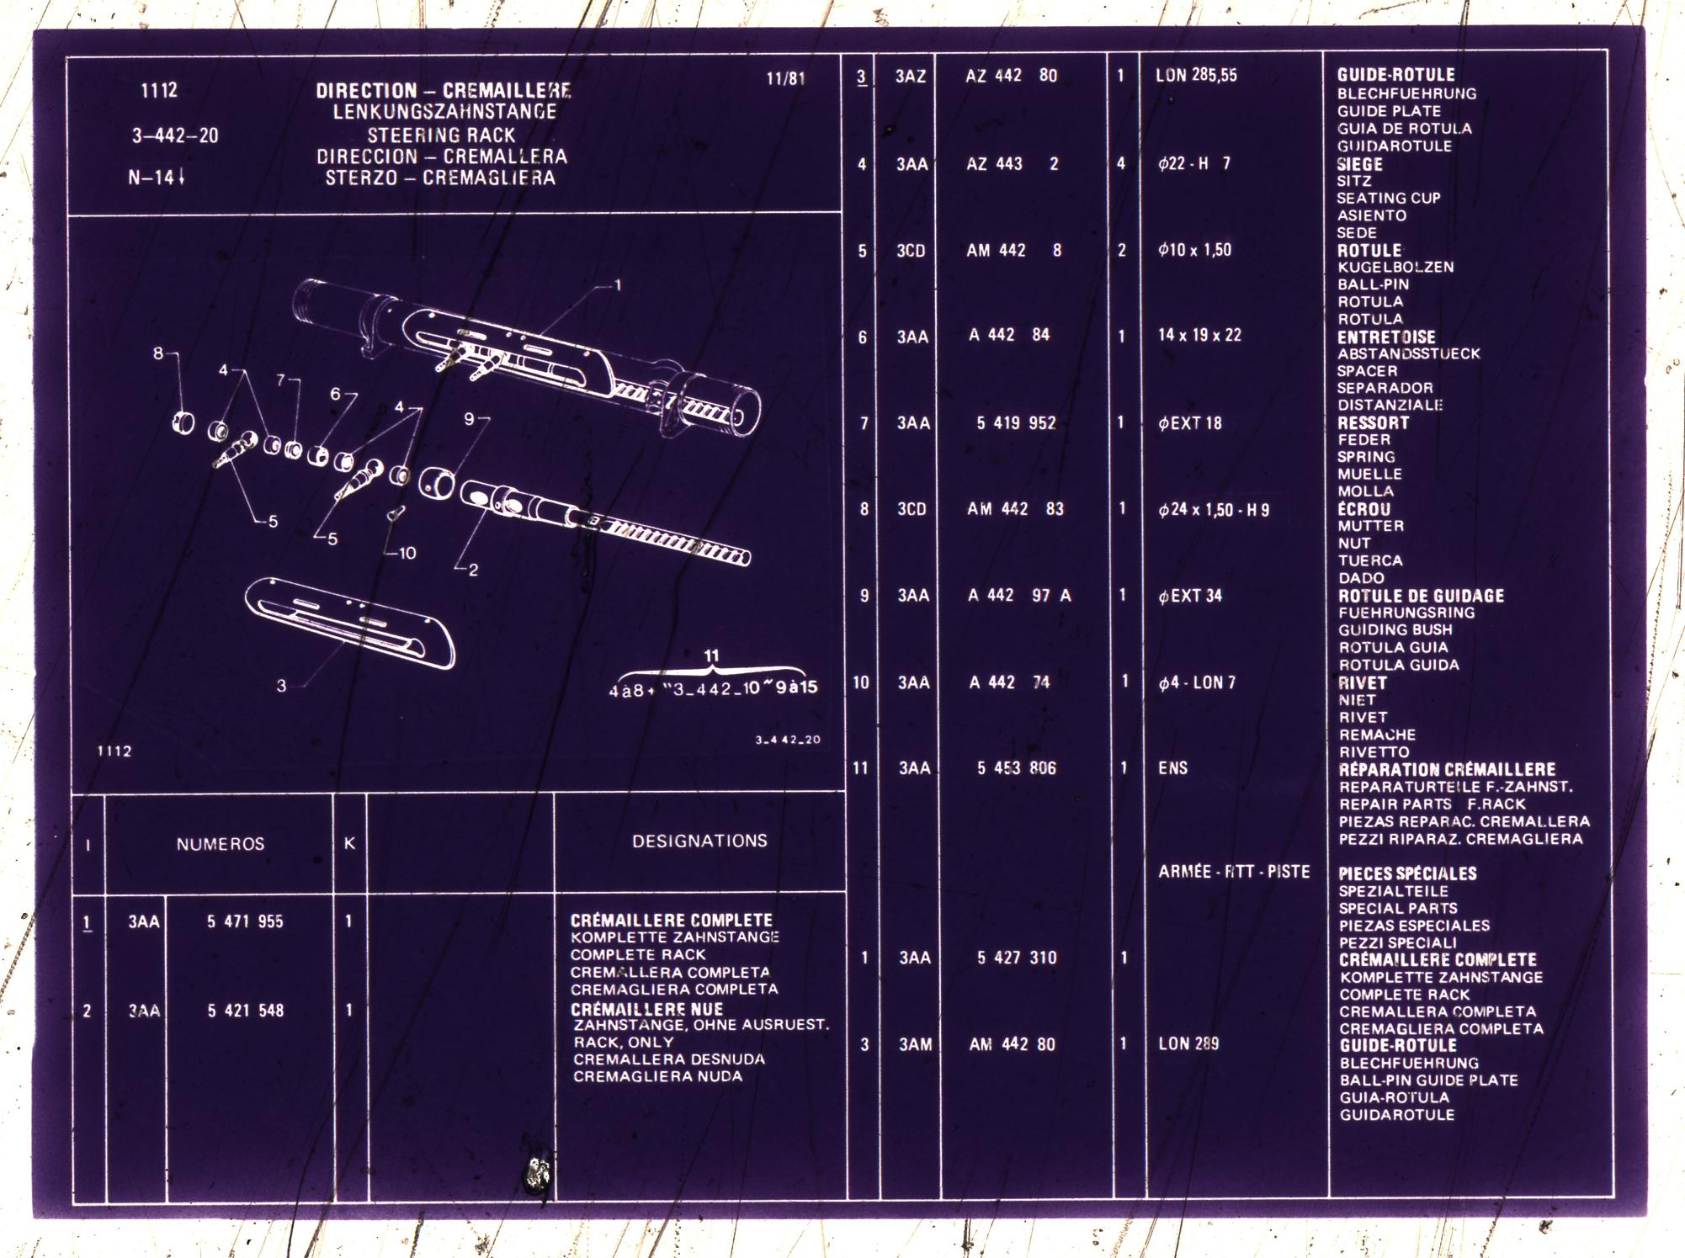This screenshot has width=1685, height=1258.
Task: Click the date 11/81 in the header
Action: point(785,79)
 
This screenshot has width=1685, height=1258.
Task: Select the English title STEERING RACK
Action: point(441,135)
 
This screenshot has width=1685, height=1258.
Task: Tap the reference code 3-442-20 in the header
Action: point(175,135)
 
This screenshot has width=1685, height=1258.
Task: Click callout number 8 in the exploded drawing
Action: point(158,353)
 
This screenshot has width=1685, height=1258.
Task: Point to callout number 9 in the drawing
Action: point(469,418)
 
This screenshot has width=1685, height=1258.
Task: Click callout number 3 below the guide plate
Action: point(281,686)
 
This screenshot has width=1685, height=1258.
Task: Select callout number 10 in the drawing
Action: point(407,553)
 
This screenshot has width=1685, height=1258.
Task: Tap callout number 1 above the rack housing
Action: point(618,285)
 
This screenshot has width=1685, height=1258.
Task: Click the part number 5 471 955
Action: point(245,921)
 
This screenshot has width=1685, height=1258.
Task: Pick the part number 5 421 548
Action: point(246,1010)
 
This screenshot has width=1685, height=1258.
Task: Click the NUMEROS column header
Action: point(221,844)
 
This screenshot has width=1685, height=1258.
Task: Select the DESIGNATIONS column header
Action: point(699,841)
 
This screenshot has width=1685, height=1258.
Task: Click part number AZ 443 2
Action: point(1013,164)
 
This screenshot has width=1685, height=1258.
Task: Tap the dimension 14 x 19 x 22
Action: point(1199,335)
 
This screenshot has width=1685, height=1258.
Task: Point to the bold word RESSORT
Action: point(1373,422)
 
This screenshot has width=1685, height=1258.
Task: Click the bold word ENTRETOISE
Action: point(1386,337)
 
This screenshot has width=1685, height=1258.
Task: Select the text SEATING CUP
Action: point(1389,199)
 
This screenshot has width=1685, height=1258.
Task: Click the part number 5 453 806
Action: point(1016,768)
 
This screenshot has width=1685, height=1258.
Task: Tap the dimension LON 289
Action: point(1188,1043)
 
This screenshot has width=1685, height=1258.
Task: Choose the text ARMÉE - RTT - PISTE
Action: point(1234,872)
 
